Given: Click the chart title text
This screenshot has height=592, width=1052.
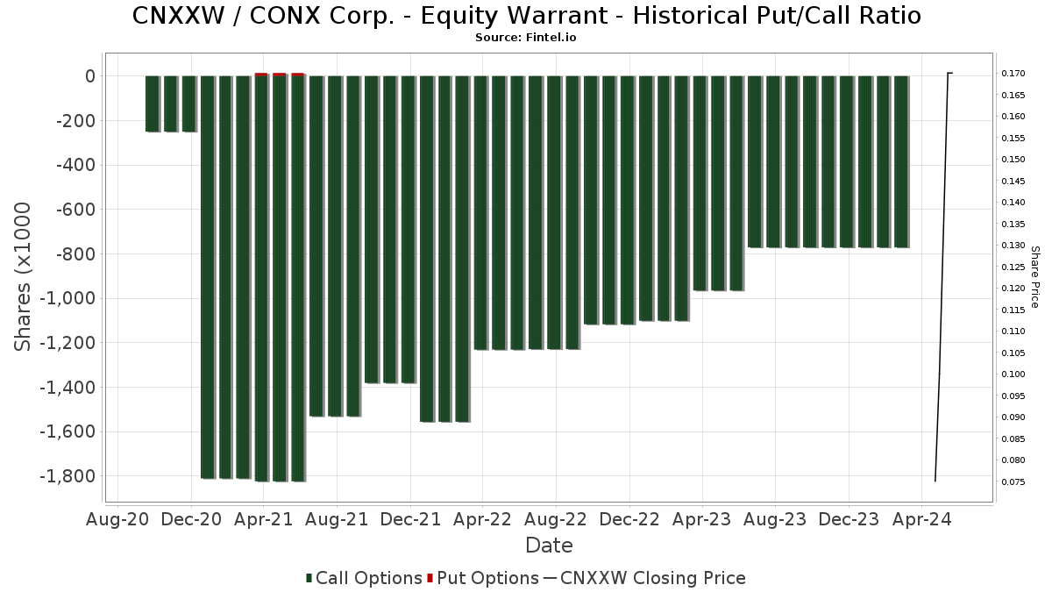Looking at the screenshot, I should point(526,16).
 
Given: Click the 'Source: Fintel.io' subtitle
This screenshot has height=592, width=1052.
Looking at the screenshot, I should point(526,38).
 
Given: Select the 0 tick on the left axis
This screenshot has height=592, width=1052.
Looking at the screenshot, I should point(89,76).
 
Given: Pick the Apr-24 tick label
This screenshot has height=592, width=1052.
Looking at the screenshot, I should point(921,519).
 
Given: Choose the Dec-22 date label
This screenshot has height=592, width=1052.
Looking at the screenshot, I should point(629,519).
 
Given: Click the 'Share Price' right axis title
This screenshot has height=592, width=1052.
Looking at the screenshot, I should point(1034,276).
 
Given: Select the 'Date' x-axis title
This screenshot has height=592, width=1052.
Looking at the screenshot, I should point(549,546).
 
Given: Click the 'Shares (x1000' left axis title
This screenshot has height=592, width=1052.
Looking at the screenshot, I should point(24,276).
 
